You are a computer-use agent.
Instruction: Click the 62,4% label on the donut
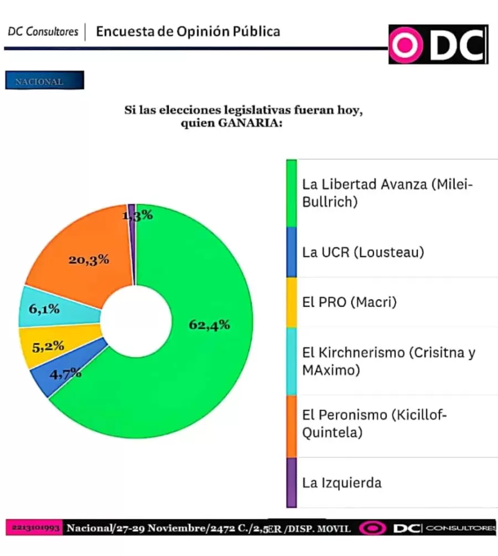(209, 325)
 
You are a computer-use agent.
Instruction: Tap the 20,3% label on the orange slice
(89, 259)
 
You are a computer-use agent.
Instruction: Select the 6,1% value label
(44, 310)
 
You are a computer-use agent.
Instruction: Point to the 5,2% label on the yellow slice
(49, 347)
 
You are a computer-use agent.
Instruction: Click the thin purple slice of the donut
(132, 244)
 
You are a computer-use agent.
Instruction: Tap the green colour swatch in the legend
(291, 193)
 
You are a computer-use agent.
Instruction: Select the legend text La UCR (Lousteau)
(363, 253)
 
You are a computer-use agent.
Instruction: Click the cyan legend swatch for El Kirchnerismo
(291, 361)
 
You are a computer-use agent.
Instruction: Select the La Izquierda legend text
(341, 482)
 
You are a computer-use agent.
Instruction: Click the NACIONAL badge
(44, 81)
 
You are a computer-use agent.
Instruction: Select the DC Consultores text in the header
(43, 32)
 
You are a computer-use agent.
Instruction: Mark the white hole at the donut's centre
(136, 321)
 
